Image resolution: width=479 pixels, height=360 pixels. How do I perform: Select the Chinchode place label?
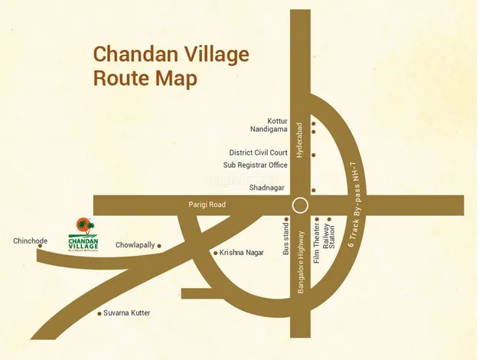click(x=30, y=241)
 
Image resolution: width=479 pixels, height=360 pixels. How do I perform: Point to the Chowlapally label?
click(x=135, y=245)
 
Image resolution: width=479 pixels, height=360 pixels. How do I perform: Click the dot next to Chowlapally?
click(x=161, y=245)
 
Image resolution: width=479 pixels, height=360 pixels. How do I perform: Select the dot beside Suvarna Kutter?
click(x=99, y=313)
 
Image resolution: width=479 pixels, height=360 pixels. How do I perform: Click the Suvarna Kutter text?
click(x=128, y=313)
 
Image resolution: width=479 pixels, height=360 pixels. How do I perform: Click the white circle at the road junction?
click(x=300, y=205)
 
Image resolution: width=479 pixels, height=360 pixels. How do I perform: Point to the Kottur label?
click(x=277, y=121)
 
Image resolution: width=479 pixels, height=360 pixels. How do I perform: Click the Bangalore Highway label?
click(x=301, y=260)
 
